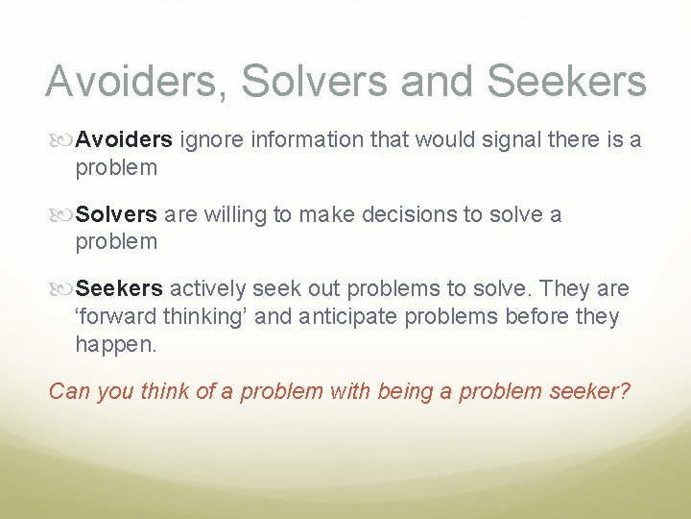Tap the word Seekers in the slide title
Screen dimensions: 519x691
pyautogui.click(x=566, y=82)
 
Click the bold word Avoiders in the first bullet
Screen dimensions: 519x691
pyautogui.click(x=124, y=140)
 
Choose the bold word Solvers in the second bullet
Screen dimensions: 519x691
pyautogui.click(x=116, y=214)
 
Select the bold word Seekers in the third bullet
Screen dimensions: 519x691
pyautogui.click(x=119, y=288)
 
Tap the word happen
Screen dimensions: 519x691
pyautogui.click(x=115, y=345)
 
